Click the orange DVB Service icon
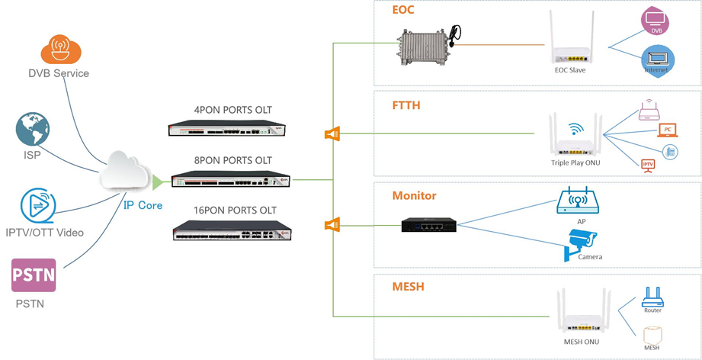(x=60, y=49)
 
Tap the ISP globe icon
(x=33, y=130)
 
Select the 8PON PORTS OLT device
(x=231, y=180)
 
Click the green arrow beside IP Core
(x=158, y=182)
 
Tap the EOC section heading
(x=403, y=11)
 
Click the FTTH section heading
(x=406, y=105)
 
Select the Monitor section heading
(x=414, y=196)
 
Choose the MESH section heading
(x=408, y=287)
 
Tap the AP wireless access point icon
(x=578, y=201)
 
